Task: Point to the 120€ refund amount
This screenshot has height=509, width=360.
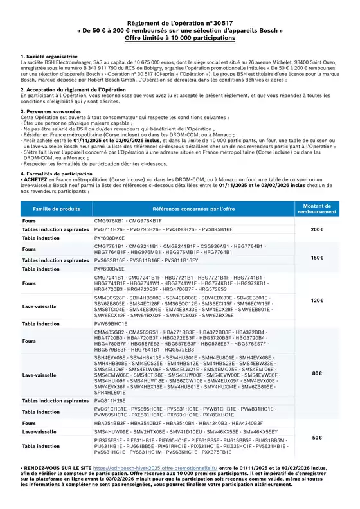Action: click(x=317, y=300)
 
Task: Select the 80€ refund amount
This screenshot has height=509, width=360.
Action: click(x=317, y=373)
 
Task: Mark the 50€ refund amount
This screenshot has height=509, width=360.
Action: click(x=317, y=437)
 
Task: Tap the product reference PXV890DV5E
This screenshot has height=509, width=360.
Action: click(x=109, y=269)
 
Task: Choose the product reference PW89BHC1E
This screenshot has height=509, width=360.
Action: click(x=108, y=324)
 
